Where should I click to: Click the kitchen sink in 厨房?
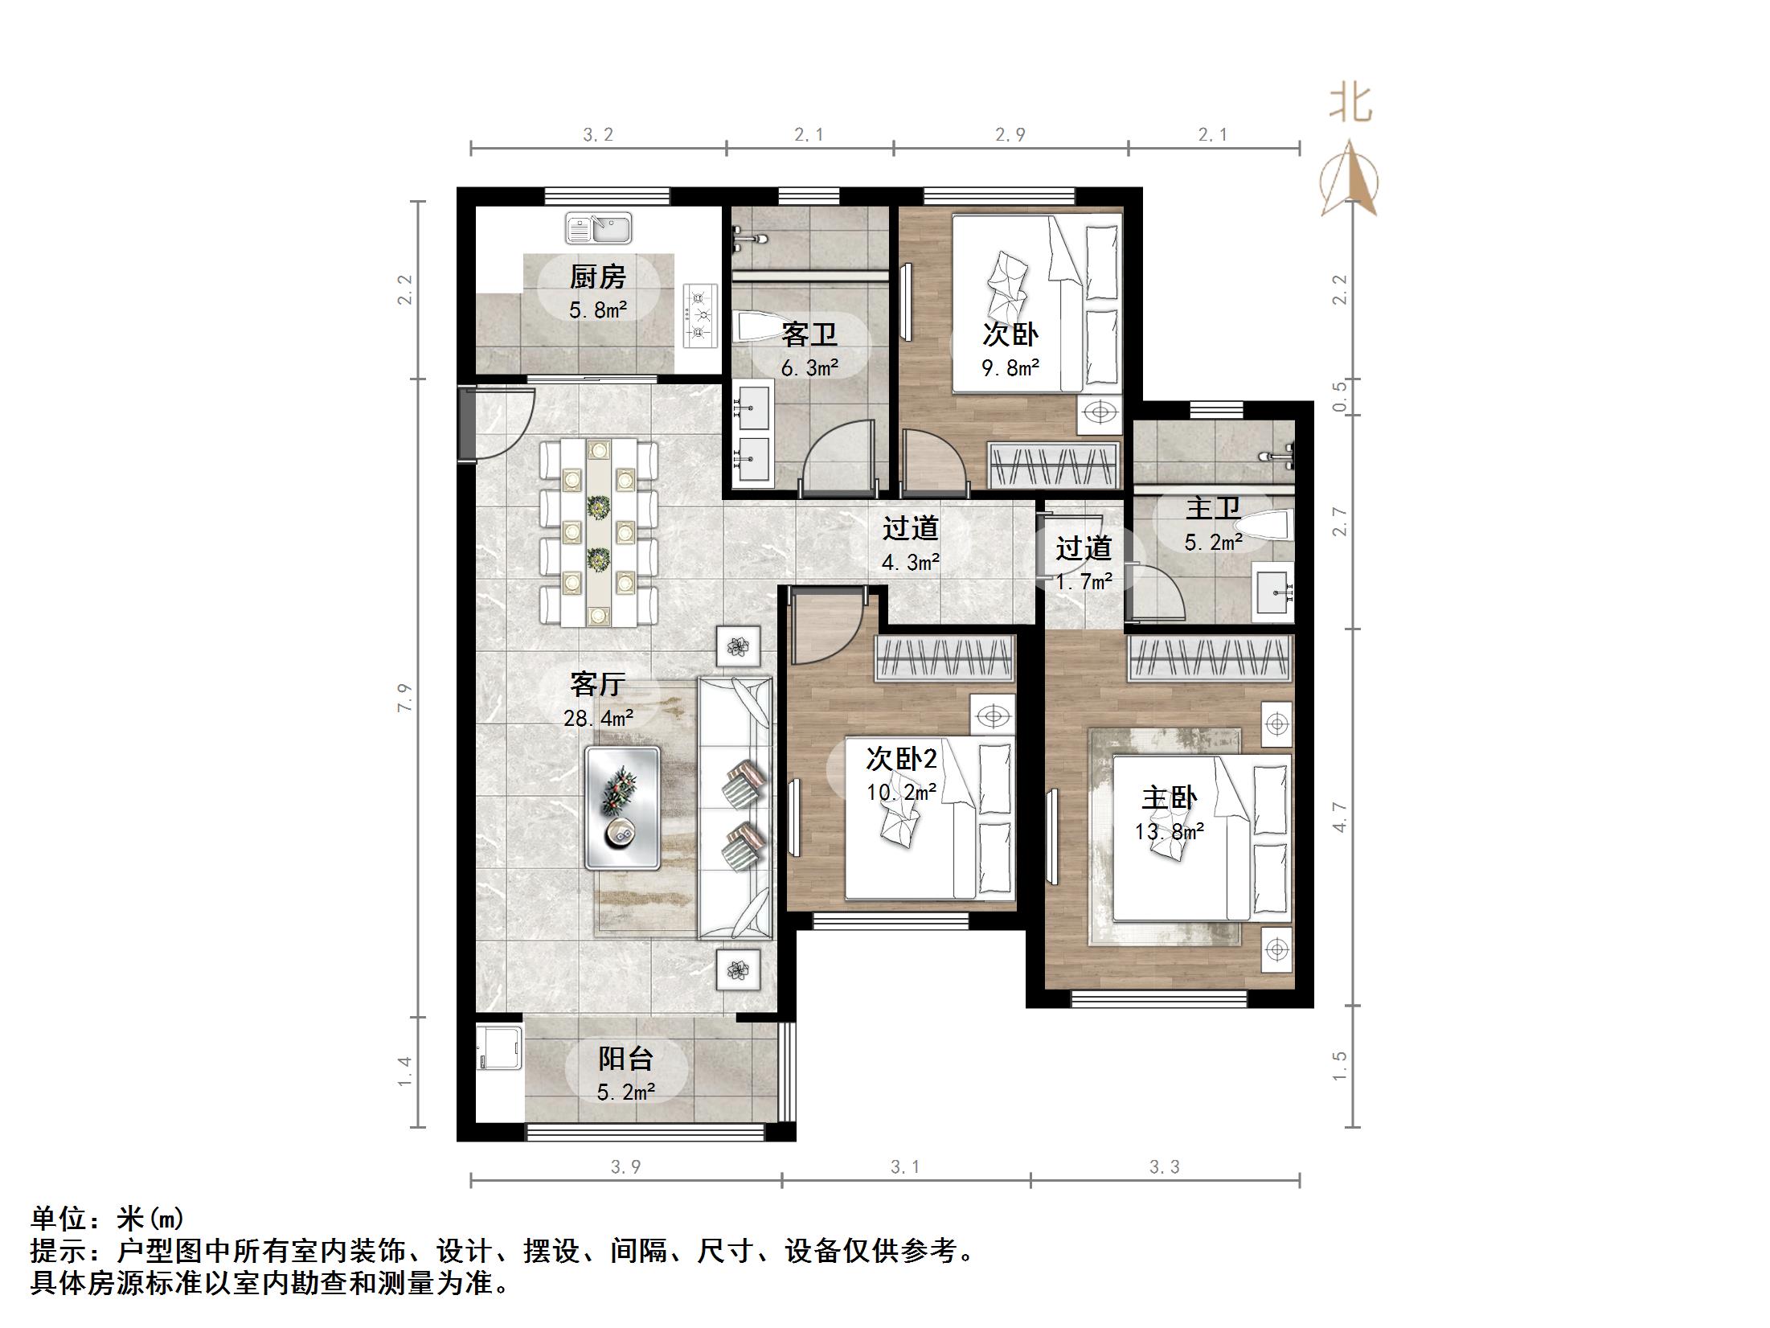(x=598, y=228)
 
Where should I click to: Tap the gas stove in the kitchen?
(x=699, y=315)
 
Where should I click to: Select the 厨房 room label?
(x=598, y=277)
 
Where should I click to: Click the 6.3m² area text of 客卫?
(x=809, y=368)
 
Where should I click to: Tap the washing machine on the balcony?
(x=498, y=1047)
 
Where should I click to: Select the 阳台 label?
(x=625, y=1059)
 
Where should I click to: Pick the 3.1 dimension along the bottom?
(x=905, y=1167)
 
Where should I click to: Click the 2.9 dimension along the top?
(x=1010, y=135)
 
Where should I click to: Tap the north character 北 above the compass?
(x=1350, y=105)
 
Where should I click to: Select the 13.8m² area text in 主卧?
(x=1170, y=831)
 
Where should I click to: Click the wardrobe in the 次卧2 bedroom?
(x=945, y=658)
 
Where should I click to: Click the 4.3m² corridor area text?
(x=911, y=563)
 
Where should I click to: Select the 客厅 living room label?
(x=598, y=684)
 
